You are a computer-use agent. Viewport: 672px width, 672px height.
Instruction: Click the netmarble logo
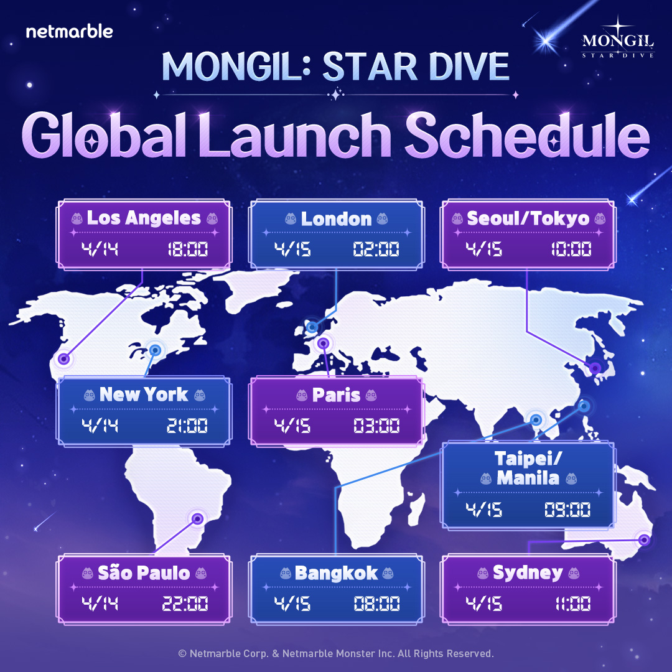point(69,31)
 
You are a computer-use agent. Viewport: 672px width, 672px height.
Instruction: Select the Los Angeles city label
point(144,218)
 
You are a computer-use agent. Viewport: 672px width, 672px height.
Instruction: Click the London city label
point(336,218)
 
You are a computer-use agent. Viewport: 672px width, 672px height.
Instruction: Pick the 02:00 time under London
point(376,251)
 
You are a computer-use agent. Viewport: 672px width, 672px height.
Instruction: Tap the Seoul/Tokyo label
point(528,218)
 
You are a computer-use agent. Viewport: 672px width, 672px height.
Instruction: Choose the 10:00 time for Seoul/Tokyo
point(571,251)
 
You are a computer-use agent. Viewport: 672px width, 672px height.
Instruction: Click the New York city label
point(144,394)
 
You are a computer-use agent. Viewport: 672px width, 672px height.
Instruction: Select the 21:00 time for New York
point(187,427)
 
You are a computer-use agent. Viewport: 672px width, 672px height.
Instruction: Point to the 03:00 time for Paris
point(376,427)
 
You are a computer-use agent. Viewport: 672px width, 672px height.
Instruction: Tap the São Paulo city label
point(144,572)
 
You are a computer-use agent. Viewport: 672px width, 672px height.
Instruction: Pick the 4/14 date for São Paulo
point(100,604)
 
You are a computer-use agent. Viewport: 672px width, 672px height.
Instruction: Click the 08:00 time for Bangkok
point(376,604)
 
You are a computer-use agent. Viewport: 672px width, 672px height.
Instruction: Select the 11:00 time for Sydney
point(571,604)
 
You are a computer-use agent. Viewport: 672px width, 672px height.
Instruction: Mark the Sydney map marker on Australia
point(643,539)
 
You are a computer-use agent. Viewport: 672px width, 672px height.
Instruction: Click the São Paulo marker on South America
point(197,518)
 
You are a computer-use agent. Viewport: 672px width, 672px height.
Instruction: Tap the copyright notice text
point(336,653)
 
